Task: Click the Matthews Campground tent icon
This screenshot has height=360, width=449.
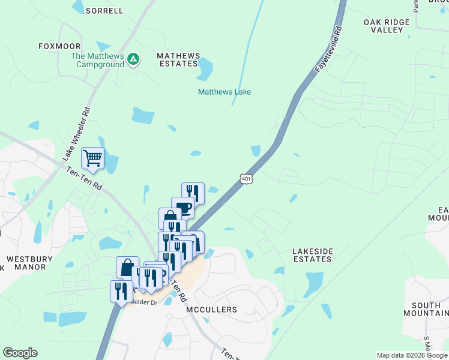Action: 134,59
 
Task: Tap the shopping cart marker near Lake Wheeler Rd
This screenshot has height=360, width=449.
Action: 93,158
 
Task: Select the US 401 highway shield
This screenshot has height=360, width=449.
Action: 246,179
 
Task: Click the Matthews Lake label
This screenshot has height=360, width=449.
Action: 224,92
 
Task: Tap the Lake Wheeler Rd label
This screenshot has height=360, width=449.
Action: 76,134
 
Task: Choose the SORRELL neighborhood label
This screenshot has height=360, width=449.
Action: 104,11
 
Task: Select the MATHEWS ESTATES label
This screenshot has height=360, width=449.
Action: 178,59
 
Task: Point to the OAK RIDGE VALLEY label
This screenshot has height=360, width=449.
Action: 387,26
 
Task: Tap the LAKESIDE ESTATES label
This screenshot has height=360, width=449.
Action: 312,255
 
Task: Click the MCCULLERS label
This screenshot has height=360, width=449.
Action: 211,310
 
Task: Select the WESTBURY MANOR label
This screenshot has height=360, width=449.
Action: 29,263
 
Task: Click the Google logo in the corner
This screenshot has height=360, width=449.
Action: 20,353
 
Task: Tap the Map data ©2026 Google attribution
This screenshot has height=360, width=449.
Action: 412,355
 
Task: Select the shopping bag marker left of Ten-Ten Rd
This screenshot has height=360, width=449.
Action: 127,267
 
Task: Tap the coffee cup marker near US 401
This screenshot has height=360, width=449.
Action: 182,208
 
